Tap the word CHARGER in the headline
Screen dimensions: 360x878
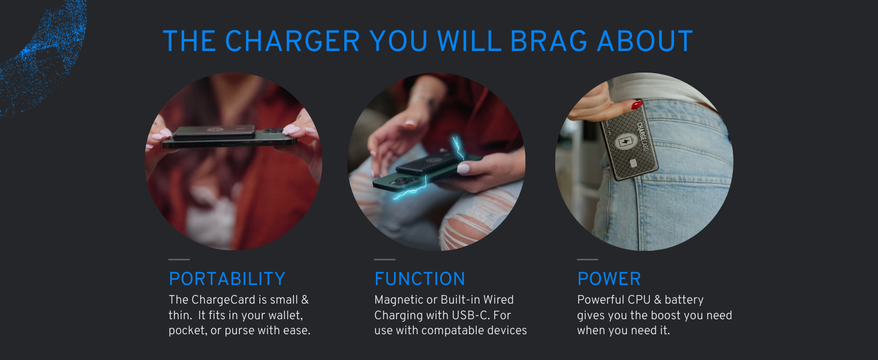click(293, 41)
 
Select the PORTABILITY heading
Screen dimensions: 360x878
click(227, 279)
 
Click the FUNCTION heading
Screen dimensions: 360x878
click(419, 279)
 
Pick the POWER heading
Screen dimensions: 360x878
click(609, 279)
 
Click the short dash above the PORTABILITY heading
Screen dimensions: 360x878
click(179, 260)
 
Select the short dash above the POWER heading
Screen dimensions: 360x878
click(587, 260)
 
